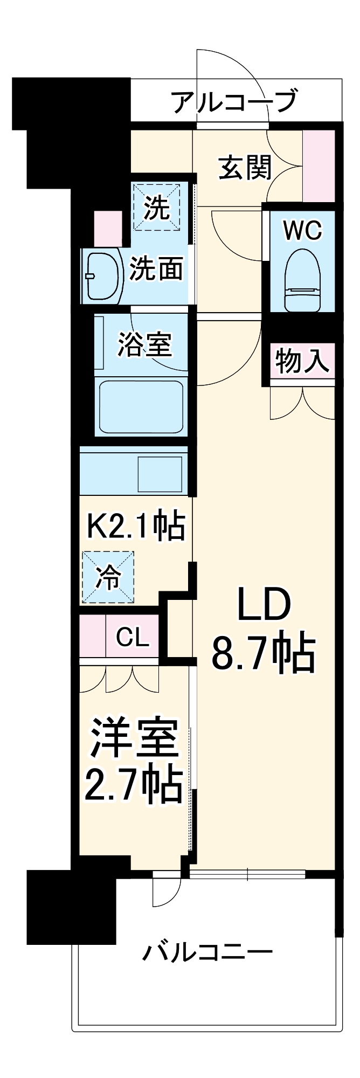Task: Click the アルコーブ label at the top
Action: (235, 101)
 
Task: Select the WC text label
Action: (302, 231)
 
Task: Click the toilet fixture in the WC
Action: (302, 281)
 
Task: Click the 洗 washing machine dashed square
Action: (157, 208)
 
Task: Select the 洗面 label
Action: (156, 268)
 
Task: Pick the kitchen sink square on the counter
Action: (160, 474)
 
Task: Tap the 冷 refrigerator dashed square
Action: (108, 577)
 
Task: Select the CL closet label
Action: (133, 638)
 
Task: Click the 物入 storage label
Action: (302, 361)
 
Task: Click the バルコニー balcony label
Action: (207, 953)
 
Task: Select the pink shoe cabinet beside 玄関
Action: (319, 166)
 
